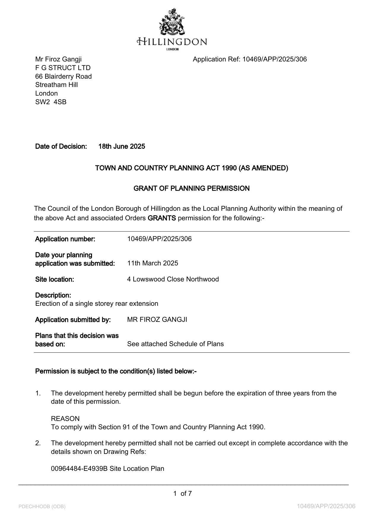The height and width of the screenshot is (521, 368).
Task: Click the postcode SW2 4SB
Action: tap(51, 102)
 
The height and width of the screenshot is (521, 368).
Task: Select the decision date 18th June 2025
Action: tap(122, 146)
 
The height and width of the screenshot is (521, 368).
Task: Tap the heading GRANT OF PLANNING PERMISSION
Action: tap(191, 189)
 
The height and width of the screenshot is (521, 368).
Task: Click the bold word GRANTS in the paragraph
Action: tap(162, 218)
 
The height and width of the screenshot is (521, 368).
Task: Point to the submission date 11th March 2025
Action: tap(153, 263)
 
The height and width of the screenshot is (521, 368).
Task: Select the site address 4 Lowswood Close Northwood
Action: tap(173, 279)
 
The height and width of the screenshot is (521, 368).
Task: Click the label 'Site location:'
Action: tap(54, 279)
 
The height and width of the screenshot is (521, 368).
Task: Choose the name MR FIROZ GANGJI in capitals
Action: tap(157, 320)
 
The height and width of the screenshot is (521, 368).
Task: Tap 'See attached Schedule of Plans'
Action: tap(175, 344)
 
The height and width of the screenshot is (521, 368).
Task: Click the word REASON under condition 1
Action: tap(65, 419)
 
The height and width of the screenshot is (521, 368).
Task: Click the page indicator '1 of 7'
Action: tap(183, 494)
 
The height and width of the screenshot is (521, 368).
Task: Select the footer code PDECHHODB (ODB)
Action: tap(42, 507)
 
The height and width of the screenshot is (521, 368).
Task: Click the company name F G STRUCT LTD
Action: tap(63, 68)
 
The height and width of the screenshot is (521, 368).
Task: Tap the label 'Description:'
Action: tap(53, 295)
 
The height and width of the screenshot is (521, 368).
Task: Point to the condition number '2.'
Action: tap(38, 443)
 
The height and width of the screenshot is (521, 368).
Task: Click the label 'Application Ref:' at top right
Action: tap(216, 59)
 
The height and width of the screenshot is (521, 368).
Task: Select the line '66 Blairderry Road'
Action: tap(64, 77)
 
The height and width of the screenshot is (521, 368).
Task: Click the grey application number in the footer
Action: tap(326, 506)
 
